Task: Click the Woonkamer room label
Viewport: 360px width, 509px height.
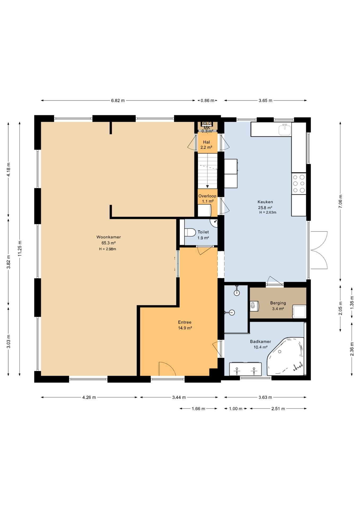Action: tap(108, 237)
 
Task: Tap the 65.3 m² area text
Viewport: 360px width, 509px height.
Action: tap(108, 243)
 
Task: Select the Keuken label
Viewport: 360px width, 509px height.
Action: tap(265, 202)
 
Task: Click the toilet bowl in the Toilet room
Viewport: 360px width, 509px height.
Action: tap(190, 232)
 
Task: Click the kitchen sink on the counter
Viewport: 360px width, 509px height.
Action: tap(285, 130)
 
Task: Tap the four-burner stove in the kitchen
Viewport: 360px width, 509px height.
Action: tap(299, 183)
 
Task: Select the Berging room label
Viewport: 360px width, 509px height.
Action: tap(278, 303)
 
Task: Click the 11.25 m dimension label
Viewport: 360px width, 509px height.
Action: tap(20, 249)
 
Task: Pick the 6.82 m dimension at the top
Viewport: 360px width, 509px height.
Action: tap(118, 100)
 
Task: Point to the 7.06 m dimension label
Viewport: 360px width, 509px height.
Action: tap(340, 201)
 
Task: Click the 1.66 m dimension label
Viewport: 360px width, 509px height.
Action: tap(198, 409)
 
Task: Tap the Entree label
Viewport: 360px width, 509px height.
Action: tap(185, 322)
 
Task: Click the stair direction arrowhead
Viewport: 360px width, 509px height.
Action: tap(207, 186)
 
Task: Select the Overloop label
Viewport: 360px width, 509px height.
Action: tap(207, 196)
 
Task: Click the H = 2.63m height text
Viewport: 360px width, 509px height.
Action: tap(268, 212)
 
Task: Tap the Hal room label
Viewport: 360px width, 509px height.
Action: tap(206, 142)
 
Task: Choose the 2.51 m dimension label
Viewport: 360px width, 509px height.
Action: tap(278, 409)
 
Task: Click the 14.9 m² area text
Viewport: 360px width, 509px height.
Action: tap(185, 328)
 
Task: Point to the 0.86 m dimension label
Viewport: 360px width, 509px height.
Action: tap(207, 100)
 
